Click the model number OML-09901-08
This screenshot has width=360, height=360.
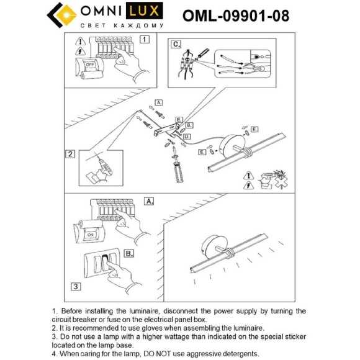coord(236,16)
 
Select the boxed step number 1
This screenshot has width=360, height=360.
coord(145,40)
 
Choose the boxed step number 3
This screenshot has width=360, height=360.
coord(74,286)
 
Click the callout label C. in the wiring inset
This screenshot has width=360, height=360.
coord(176,44)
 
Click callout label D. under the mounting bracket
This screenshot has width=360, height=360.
coord(187,136)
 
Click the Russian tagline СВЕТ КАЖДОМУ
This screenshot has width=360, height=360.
coord(122,26)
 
